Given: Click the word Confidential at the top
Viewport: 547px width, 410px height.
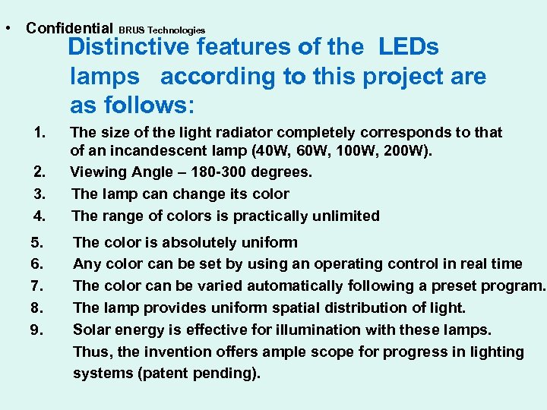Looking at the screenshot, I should (69, 28).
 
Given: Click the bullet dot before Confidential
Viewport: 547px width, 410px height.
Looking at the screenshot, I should (7, 28).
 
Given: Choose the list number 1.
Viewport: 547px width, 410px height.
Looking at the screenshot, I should (40, 133).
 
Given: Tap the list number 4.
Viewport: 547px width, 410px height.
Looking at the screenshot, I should (40, 216).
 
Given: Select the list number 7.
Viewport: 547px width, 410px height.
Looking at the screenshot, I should (37, 286).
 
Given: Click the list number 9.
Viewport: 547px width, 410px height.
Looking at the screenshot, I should (37, 330).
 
